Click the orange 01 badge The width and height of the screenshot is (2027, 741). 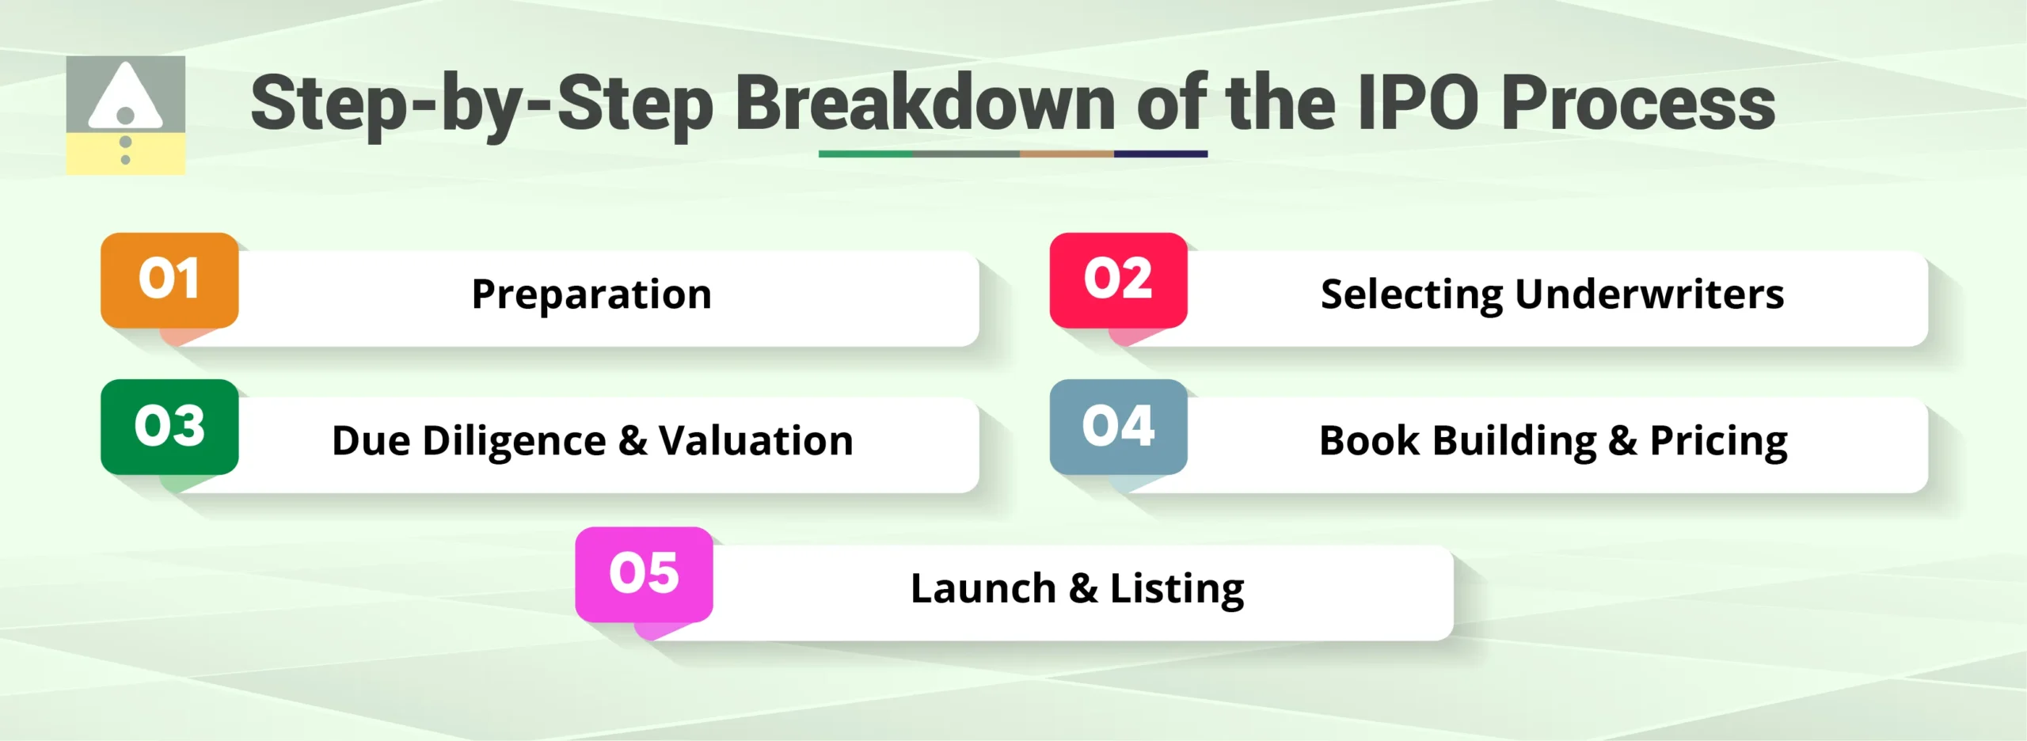coord(169,279)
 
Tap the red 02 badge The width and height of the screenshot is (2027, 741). coord(1118,279)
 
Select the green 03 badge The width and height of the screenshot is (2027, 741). coord(169,426)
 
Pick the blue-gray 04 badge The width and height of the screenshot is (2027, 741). coord(1118,426)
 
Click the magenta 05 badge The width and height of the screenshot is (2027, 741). coord(644,573)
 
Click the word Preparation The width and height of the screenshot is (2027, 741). coord(591,294)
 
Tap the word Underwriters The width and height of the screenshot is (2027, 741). coord(1649,294)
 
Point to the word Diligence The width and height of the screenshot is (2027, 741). coord(514,441)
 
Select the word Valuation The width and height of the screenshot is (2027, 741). coord(756,441)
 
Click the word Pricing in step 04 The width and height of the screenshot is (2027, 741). coord(1718,441)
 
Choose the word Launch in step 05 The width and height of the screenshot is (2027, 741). coord(983,588)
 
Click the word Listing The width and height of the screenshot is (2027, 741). coord(1177,588)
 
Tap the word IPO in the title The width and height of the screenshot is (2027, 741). coord(1417,104)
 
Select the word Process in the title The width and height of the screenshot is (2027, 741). coord(1637,104)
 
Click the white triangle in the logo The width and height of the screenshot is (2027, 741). coord(125,97)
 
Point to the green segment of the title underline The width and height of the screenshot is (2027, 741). coord(865,154)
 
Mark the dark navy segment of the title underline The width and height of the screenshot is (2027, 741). coord(1160,154)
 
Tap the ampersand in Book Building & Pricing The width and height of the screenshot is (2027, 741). coord(1622,441)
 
